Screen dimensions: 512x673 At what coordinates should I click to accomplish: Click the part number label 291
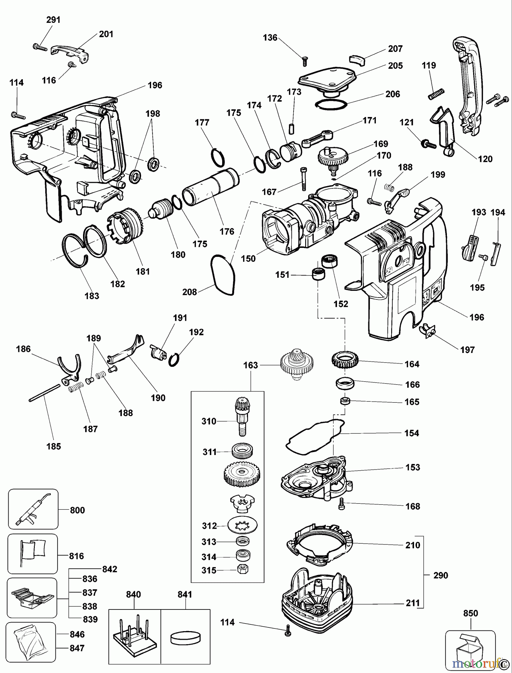pos(53,19)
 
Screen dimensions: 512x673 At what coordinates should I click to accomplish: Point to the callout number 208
pos(190,292)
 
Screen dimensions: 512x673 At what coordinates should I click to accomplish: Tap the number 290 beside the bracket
pos(441,575)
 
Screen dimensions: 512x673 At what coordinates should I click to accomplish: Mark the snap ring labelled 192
pos(175,359)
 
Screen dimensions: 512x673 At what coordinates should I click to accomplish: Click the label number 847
pos(77,648)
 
